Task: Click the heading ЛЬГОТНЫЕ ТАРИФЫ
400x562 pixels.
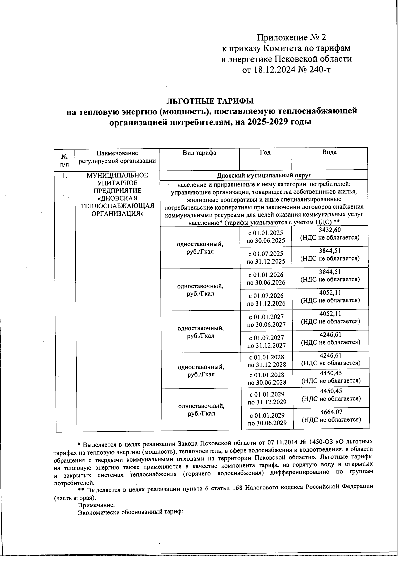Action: click(210, 101)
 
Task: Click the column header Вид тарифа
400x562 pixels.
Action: click(199, 153)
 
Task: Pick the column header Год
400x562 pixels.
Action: click(265, 153)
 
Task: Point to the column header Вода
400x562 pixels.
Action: click(329, 152)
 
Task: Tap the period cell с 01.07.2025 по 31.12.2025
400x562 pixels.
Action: click(266, 258)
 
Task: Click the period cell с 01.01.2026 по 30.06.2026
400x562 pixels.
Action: click(266, 279)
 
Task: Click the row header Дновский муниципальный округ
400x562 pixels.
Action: click(264, 175)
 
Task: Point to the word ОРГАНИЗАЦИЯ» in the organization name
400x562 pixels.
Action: click(117, 214)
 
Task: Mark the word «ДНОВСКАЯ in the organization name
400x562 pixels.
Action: click(117, 198)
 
